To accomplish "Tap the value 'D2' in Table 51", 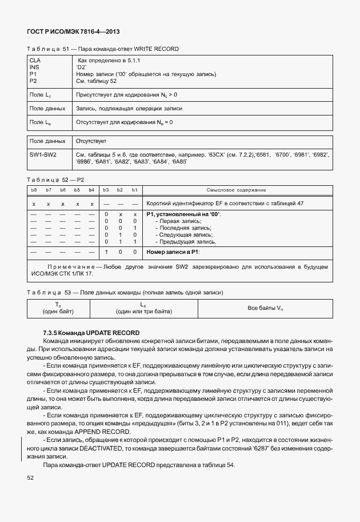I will pos(81,67).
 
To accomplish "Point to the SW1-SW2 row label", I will pos(43,155).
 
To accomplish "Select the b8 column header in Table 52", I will pos(34,190).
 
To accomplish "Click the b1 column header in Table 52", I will pos(134,190).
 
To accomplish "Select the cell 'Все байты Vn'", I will pos(265,308).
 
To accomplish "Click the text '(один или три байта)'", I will pos(143,312).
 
